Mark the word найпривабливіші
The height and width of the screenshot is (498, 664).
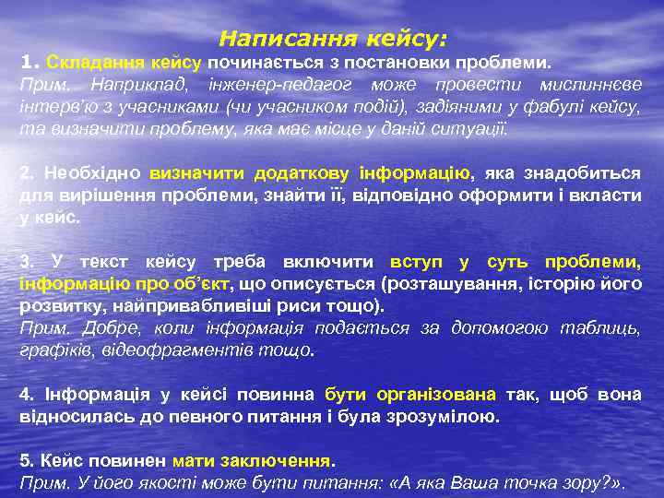(185, 305)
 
